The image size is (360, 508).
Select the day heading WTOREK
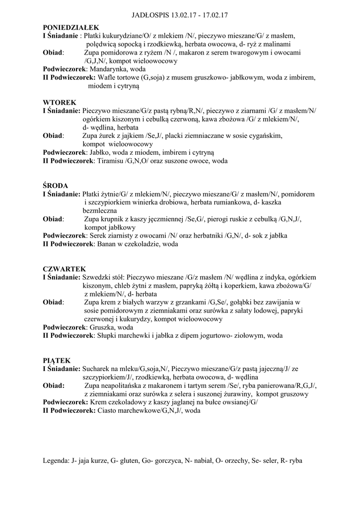pyautogui.click(x=60, y=102)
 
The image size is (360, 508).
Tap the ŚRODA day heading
pyautogui.click(x=56, y=186)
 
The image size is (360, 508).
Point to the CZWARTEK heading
pyautogui.click(x=65, y=269)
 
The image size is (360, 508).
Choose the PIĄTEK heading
pyautogui.click(x=57, y=360)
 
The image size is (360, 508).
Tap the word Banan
pyautogui.click(x=107, y=244)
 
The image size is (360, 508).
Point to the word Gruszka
pyautogui.click(x=102, y=327)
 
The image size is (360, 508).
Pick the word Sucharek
pyautogui.click(x=96, y=369)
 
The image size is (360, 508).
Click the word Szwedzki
pyautogui.click(x=97, y=277)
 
